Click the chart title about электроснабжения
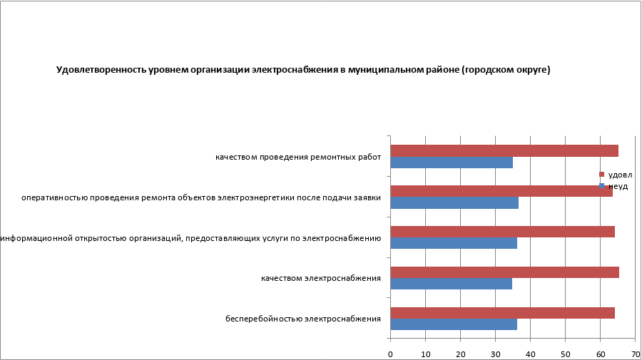(x=303, y=70)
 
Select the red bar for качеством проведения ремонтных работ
(x=504, y=150)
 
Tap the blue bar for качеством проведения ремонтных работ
(x=452, y=163)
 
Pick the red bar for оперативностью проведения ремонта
(x=501, y=191)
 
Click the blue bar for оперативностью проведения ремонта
(x=454, y=203)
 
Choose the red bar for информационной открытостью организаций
(x=502, y=232)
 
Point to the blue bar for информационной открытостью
(x=454, y=243)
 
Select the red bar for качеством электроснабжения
(x=504, y=272)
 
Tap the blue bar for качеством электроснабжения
(x=451, y=284)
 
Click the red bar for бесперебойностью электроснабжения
(x=502, y=312)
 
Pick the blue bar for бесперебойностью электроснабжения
(x=454, y=324)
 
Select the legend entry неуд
(x=616, y=186)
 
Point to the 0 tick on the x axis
(x=391, y=352)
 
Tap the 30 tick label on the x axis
(x=496, y=352)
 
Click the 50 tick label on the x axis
(x=566, y=352)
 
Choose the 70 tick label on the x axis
(x=635, y=352)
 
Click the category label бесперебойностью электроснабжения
(x=302, y=319)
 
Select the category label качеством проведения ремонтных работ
(x=298, y=157)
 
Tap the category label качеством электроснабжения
(x=320, y=278)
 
